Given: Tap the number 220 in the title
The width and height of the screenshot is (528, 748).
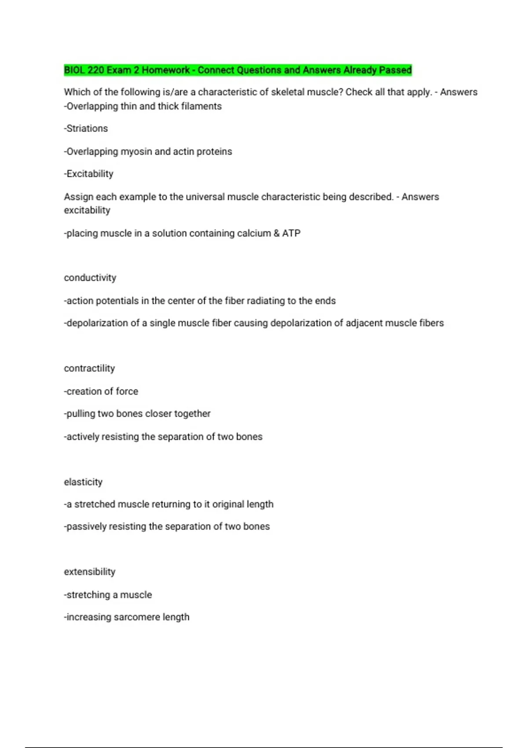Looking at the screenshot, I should coord(96,70).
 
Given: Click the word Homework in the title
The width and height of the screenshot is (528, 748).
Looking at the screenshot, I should coord(165,70).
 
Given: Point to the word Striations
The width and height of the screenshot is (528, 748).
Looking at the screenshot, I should coord(86,128).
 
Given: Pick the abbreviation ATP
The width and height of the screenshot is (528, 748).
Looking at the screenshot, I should coord(291,233).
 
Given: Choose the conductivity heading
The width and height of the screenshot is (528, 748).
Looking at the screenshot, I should coord(90,278).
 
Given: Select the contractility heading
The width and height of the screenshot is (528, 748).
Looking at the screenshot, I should coord(89,368).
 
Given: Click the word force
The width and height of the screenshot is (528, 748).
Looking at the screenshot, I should coord(127,391).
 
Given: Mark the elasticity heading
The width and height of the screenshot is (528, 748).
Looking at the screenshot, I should coord(83,482).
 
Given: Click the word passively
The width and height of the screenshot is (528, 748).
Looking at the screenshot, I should coord(86,527).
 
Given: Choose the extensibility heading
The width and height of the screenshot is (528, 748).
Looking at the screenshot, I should coord(90,572).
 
